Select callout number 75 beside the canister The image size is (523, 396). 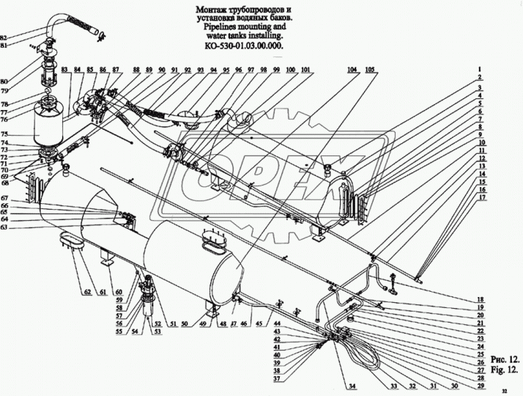[x=4, y=134]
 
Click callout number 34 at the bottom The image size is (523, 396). [x=352, y=386]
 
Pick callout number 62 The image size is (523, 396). [x=87, y=292]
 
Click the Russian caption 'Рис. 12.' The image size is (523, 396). [x=505, y=359]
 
